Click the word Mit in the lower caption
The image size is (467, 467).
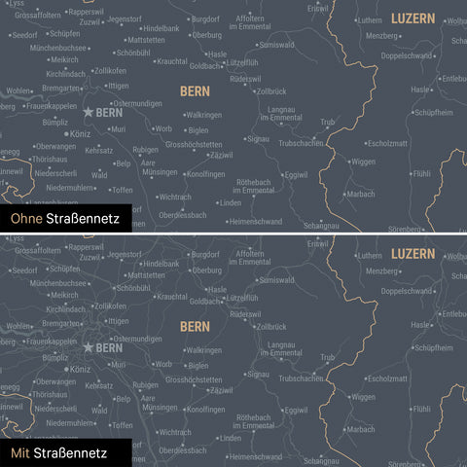click(x=19, y=453)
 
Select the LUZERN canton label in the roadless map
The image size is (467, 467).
click(x=413, y=18)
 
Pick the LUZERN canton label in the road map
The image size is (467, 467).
click(x=413, y=253)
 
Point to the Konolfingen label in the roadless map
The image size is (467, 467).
click(x=205, y=174)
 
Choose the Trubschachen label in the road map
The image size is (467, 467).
click(x=301, y=377)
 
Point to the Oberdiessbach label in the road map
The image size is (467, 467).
click(x=183, y=449)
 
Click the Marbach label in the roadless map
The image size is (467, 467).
click(x=360, y=194)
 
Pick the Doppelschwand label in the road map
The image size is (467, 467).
click(x=407, y=291)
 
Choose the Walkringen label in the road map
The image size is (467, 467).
click(x=204, y=349)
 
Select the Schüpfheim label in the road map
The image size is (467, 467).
click(x=433, y=346)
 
